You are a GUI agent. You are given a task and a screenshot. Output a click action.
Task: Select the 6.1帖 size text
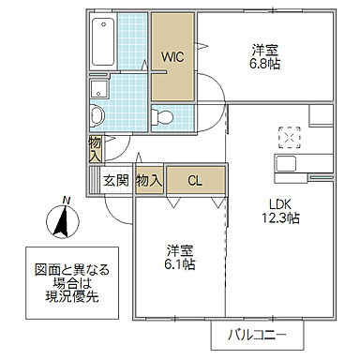pyautogui.click(x=181, y=265)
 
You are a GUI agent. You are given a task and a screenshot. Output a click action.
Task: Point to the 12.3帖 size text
pyautogui.click(x=281, y=218)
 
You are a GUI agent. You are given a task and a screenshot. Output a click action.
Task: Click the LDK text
pyautogui.click(x=281, y=202)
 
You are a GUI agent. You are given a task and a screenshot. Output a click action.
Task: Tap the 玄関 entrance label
pyautogui.click(x=116, y=180)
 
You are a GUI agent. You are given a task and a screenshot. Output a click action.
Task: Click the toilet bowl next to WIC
pyautogui.click(x=162, y=117)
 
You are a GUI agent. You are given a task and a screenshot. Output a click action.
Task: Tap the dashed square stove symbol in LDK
pyautogui.click(x=287, y=138)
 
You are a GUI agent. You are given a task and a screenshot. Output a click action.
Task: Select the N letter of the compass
pyautogui.click(x=65, y=199)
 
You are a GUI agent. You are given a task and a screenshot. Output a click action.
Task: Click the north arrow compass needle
pyautogui.click(x=60, y=223)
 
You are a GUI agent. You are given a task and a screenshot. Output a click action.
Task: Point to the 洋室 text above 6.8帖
pyautogui.click(x=265, y=49)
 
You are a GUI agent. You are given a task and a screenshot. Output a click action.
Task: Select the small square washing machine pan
pyautogui.click(x=97, y=89)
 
